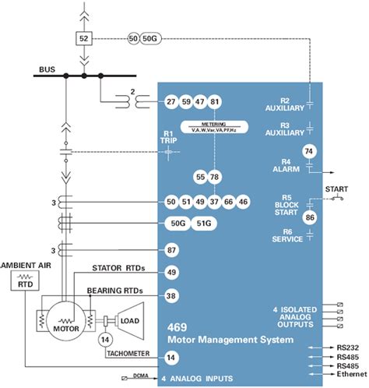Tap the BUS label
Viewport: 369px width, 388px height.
(x=47, y=70)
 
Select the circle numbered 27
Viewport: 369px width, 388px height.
(x=171, y=102)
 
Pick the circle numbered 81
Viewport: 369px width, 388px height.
(x=216, y=102)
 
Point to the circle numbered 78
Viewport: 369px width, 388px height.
(x=215, y=178)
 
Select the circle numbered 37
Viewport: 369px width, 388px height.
(x=215, y=203)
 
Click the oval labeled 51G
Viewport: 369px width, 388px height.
(x=204, y=224)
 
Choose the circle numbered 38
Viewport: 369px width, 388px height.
(x=171, y=296)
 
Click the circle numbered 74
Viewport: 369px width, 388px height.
(x=310, y=151)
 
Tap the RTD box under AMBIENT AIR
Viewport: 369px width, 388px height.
(x=23, y=284)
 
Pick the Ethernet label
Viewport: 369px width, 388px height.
(x=350, y=375)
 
